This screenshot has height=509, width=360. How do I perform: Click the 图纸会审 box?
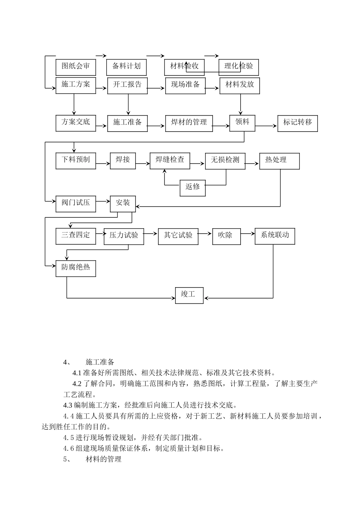point(76,67)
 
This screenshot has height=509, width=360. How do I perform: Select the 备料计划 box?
point(126,67)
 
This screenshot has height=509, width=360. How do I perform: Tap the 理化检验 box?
point(239,67)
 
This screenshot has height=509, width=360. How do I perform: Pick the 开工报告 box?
point(127,86)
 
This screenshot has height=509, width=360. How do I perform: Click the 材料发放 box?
point(239,86)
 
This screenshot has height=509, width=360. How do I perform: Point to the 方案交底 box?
point(76,123)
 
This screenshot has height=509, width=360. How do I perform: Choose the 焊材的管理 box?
point(189,123)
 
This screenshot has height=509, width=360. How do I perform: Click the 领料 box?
point(242,123)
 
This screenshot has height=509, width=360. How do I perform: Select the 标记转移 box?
point(297,123)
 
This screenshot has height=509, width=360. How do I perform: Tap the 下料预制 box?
point(76,161)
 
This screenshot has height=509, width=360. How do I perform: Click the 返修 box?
point(193,188)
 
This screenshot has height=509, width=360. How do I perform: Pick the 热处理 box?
point(279,161)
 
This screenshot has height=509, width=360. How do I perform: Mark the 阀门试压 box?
point(76,204)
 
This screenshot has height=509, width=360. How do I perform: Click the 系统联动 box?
point(275,236)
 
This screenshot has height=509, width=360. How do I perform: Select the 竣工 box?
point(189,295)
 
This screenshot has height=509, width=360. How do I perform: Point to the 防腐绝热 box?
point(76,268)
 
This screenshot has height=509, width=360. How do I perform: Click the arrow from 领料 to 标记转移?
point(266,126)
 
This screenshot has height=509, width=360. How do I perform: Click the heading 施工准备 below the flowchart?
point(100,362)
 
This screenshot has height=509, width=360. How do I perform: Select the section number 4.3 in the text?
point(68,405)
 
